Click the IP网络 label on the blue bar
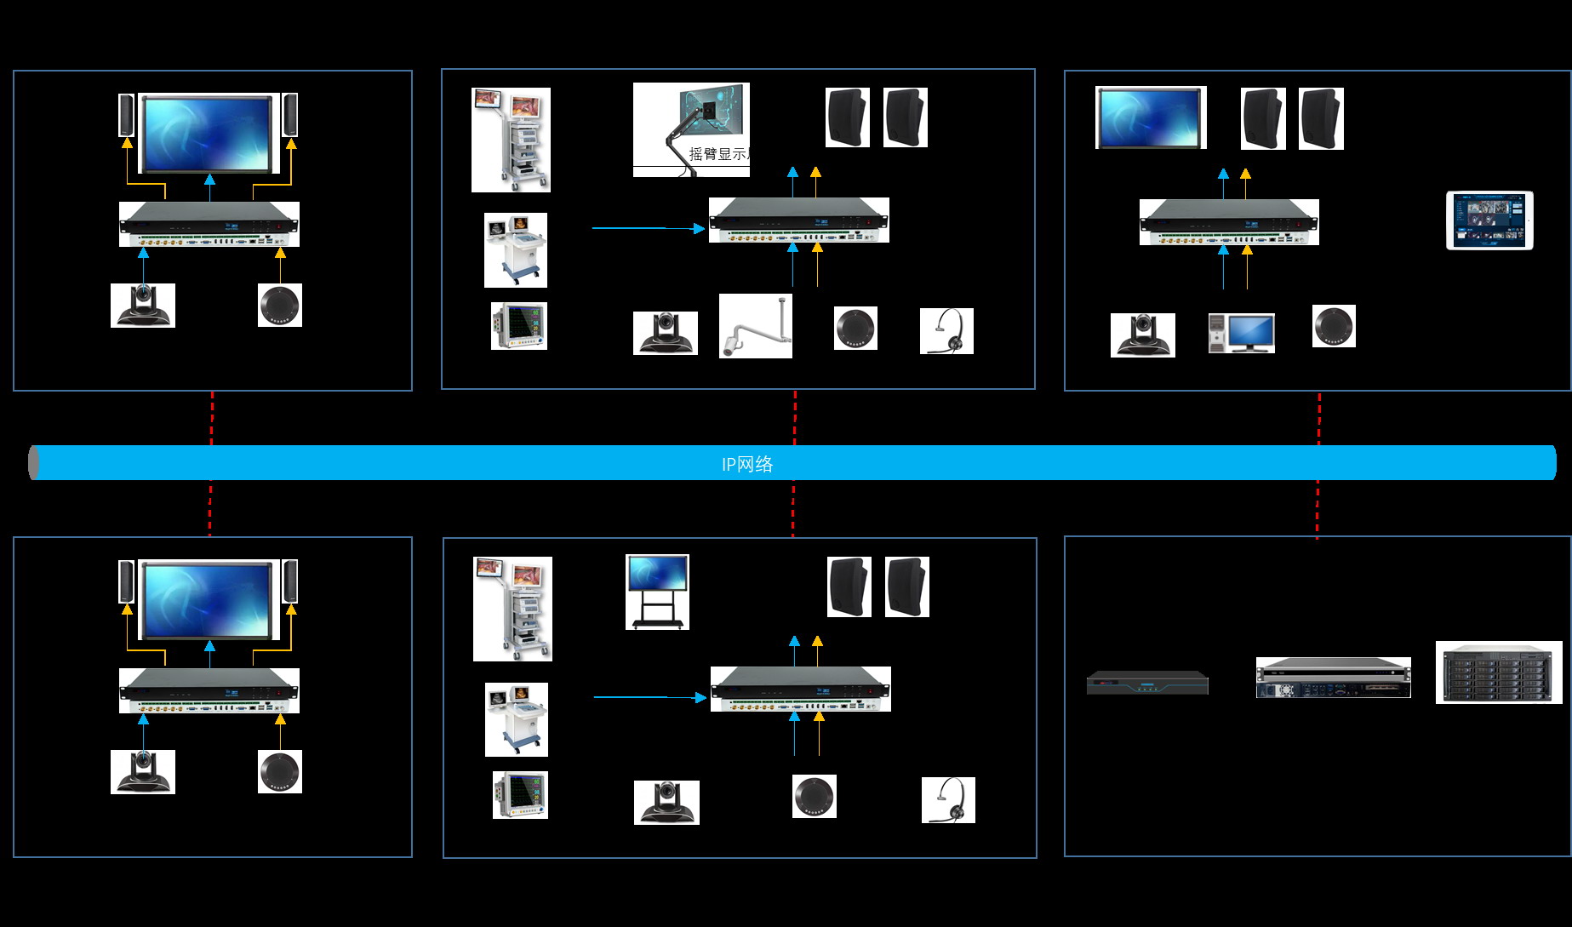[x=747, y=464]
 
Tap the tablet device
[x=1489, y=220]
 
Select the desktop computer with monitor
[x=1242, y=333]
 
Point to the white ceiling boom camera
[x=755, y=326]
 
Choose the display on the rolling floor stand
[x=657, y=592]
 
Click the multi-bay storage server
[x=1499, y=672]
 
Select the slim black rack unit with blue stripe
[x=1147, y=683]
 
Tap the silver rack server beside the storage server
[x=1333, y=678]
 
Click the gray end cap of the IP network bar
[x=34, y=462]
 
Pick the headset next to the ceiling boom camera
[x=946, y=331]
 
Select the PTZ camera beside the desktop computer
[x=1142, y=335]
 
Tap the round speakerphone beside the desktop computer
[x=1334, y=326]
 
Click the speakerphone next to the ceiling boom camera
[x=855, y=329]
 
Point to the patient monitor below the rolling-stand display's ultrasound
[x=520, y=795]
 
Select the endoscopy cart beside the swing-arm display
[x=511, y=140]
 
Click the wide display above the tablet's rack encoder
[x=1151, y=117]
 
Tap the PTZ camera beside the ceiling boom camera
[x=665, y=332]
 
